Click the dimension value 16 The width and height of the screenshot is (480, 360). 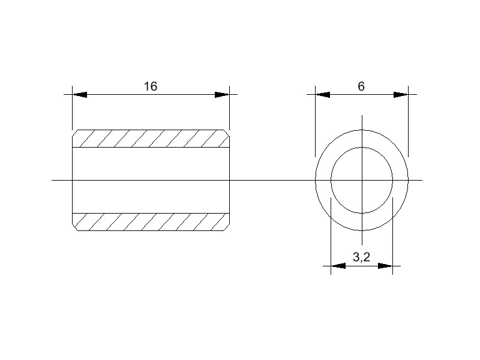coord(150,86)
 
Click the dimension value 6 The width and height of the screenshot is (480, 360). coord(361,86)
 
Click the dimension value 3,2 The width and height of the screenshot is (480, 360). coord(361,257)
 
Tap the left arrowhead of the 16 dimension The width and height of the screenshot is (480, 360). coord(80,95)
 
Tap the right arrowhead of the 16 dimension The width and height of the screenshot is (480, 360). coord(222,95)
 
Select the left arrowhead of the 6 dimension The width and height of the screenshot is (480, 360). coord(323,95)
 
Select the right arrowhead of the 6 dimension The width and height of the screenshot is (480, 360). coord(401,95)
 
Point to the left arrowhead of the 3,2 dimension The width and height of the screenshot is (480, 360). coord(338,265)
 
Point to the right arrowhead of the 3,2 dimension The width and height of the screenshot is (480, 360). coord(385,265)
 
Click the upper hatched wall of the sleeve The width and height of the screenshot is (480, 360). coord(151,139)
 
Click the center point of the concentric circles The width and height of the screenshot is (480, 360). coord(362,180)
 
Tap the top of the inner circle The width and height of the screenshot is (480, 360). coord(362,147)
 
